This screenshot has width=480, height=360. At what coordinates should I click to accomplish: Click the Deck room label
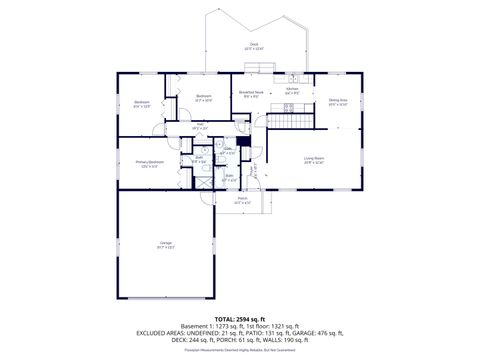[x=254, y=45]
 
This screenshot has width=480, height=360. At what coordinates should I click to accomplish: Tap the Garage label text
[x=165, y=243]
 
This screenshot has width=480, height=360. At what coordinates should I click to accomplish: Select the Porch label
[x=242, y=199]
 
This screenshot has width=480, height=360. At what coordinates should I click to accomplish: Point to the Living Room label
[x=315, y=159]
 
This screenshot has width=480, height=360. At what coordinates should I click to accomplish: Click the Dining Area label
[x=338, y=100]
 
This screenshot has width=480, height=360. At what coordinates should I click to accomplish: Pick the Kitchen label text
[x=292, y=90]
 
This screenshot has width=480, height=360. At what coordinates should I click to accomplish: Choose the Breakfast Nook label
[x=250, y=94]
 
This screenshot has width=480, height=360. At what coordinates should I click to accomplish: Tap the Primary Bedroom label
[x=151, y=164]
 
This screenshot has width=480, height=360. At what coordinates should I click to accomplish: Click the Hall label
[x=199, y=126]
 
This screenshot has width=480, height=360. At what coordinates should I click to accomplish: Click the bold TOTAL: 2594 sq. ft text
[x=239, y=317]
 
